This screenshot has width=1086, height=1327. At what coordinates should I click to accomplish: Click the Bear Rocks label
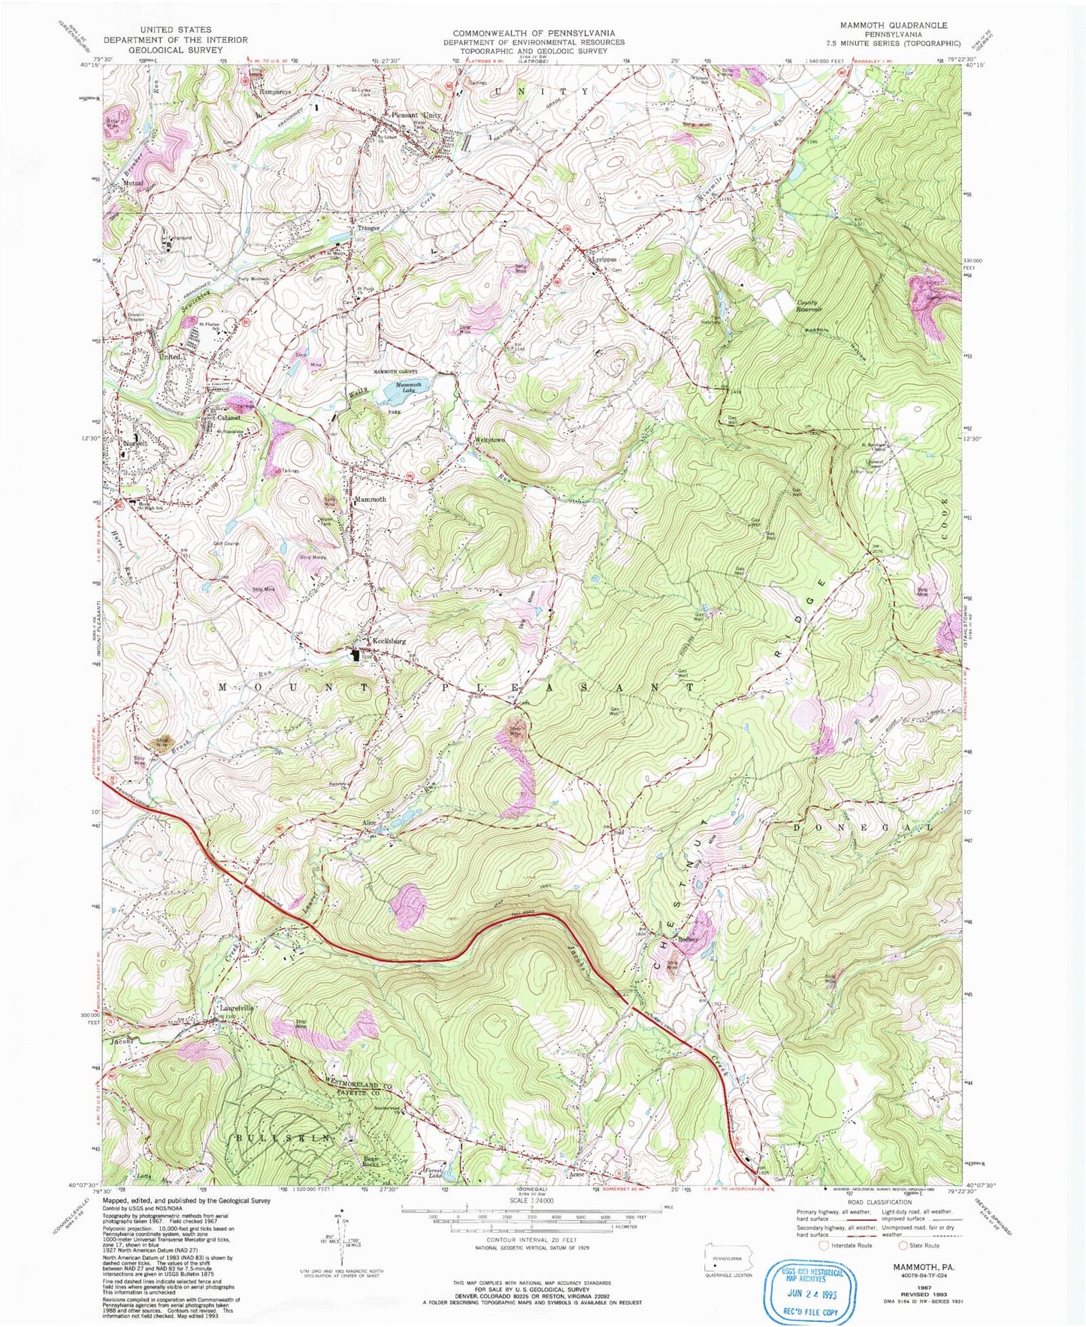(358, 1163)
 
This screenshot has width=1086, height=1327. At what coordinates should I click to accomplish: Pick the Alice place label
(369, 824)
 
